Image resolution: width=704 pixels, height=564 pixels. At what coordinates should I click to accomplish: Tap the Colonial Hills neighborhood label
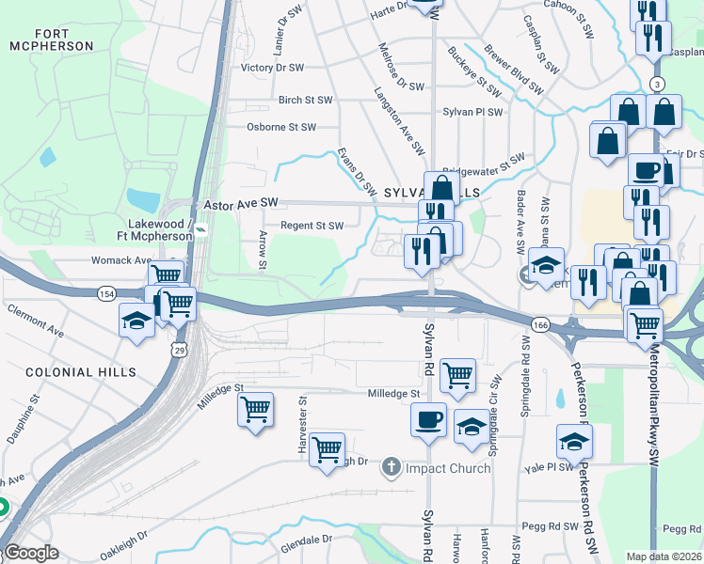pyautogui.click(x=74, y=372)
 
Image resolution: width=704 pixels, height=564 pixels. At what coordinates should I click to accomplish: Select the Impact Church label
pyautogui.click(x=448, y=468)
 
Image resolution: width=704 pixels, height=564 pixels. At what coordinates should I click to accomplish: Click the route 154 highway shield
pyautogui.click(x=107, y=294)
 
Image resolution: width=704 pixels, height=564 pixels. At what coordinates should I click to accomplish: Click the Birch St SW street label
pyautogui.click(x=305, y=100)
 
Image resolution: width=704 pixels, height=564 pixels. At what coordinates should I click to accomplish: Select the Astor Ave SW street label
pyautogui.click(x=242, y=203)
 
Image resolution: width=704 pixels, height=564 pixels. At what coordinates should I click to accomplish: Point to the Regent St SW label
pyautogui.click(x=312, y=226)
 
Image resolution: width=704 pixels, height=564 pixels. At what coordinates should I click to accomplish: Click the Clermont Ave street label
pyautogui.click(x=35, y=320)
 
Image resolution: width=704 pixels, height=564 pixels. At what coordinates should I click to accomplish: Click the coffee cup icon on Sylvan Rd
pyautogui.click(x=428, y=416)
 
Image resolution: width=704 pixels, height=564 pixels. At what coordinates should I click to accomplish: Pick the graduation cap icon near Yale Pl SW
pyautogui.click(x=574, y=439)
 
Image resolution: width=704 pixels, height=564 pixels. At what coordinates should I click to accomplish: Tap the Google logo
pyautogui.click(x=31, y=553)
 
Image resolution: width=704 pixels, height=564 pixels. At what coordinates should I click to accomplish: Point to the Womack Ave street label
pyautogui.click(x=120, y=259)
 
